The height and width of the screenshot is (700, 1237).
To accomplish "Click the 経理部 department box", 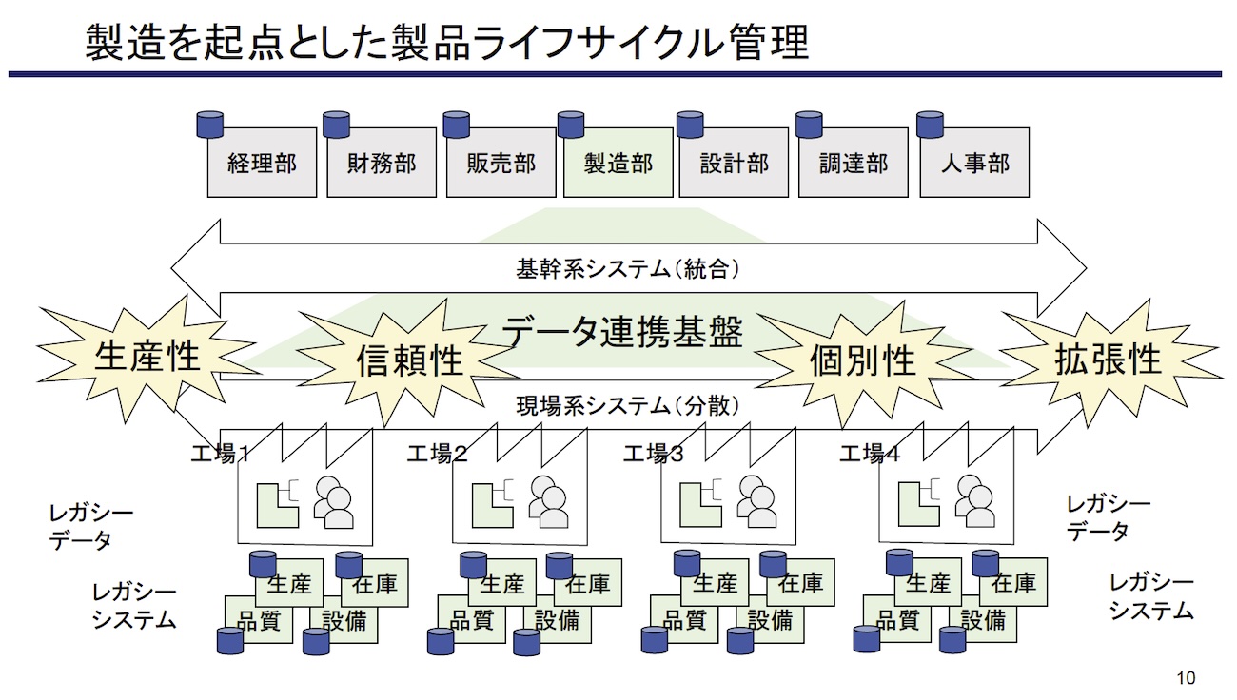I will click(x=263, y=164).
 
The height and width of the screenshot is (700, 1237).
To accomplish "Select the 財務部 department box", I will click(x=382, y=164).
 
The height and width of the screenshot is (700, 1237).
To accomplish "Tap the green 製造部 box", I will click(x=618, y=164).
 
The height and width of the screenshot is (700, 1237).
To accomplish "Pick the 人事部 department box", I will click(x=974, y=164).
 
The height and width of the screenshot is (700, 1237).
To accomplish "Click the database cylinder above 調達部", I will click(x=809, y=125).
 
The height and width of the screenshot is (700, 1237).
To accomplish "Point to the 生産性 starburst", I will click(x=147, y=356).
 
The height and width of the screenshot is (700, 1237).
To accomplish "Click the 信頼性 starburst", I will click(x=409, y=360).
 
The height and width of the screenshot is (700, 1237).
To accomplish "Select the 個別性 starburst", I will click(x=862, y=360).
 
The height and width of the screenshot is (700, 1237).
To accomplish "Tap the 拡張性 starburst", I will click(x=1109, y=359).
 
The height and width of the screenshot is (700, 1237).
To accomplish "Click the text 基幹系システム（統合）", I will click(x=628, y=270).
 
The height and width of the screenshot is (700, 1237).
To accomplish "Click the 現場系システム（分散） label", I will click(x=628, y=406).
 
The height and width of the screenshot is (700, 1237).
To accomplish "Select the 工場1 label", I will click(x=220, y=454).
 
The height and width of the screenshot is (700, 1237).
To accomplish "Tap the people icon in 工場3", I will click(x=757, y=501).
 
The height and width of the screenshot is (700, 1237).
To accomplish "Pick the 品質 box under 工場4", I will click(x=896, y=621).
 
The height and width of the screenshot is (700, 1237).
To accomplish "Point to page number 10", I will click(x=1186, y=678).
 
